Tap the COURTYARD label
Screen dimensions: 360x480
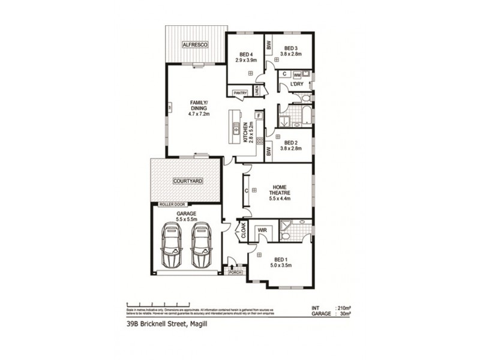(187, 180)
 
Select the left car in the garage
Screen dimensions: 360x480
(173, 247)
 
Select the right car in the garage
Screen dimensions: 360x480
(202, 247)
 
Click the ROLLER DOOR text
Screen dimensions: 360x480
(170, 205)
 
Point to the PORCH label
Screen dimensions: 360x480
(233, 272)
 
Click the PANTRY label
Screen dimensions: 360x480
(240, 93)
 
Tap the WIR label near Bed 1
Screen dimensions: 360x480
(262, 229)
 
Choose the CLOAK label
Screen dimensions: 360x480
(244, 231)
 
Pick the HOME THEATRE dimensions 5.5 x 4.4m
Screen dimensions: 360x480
(281, 198)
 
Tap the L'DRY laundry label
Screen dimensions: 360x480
(296, 84)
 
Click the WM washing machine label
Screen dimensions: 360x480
(297, 74)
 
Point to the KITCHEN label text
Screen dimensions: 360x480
(245, 133)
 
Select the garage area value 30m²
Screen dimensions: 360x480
(346, 313)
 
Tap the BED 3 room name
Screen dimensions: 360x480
(291, 48)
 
